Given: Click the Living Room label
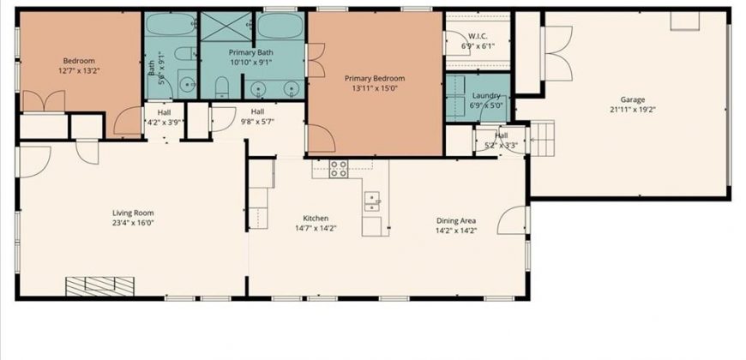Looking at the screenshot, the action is (133, 213).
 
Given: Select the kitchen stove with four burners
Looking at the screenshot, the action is (339, 169).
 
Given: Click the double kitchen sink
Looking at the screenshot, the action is (372, 201).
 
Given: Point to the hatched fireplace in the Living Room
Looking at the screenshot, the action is (100, 286).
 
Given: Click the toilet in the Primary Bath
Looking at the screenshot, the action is (222, 87).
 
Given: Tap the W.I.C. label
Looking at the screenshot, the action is (478, 36).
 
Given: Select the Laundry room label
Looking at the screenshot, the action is (486, 96).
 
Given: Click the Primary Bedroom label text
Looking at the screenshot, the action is (375, 79).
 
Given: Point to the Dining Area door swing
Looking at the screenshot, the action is (512, 220).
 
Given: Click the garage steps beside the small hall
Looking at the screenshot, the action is (543, 139).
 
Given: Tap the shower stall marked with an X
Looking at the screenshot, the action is (226, 27).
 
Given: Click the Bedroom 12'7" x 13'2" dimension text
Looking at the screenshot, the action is (79, 70).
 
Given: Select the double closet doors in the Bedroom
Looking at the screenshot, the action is (44, 101).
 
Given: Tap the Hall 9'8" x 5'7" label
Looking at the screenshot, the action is (257, 117).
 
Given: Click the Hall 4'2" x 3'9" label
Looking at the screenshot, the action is (164, 117).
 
